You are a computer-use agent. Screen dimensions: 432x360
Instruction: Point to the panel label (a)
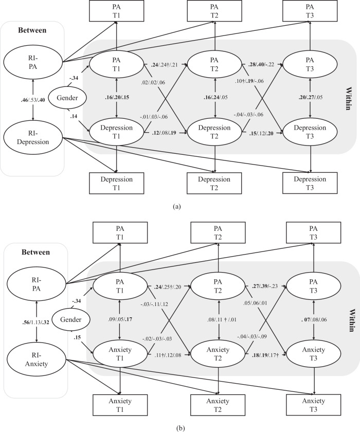tap(177, 207)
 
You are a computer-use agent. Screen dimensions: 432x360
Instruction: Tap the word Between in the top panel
tap(31, 30)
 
